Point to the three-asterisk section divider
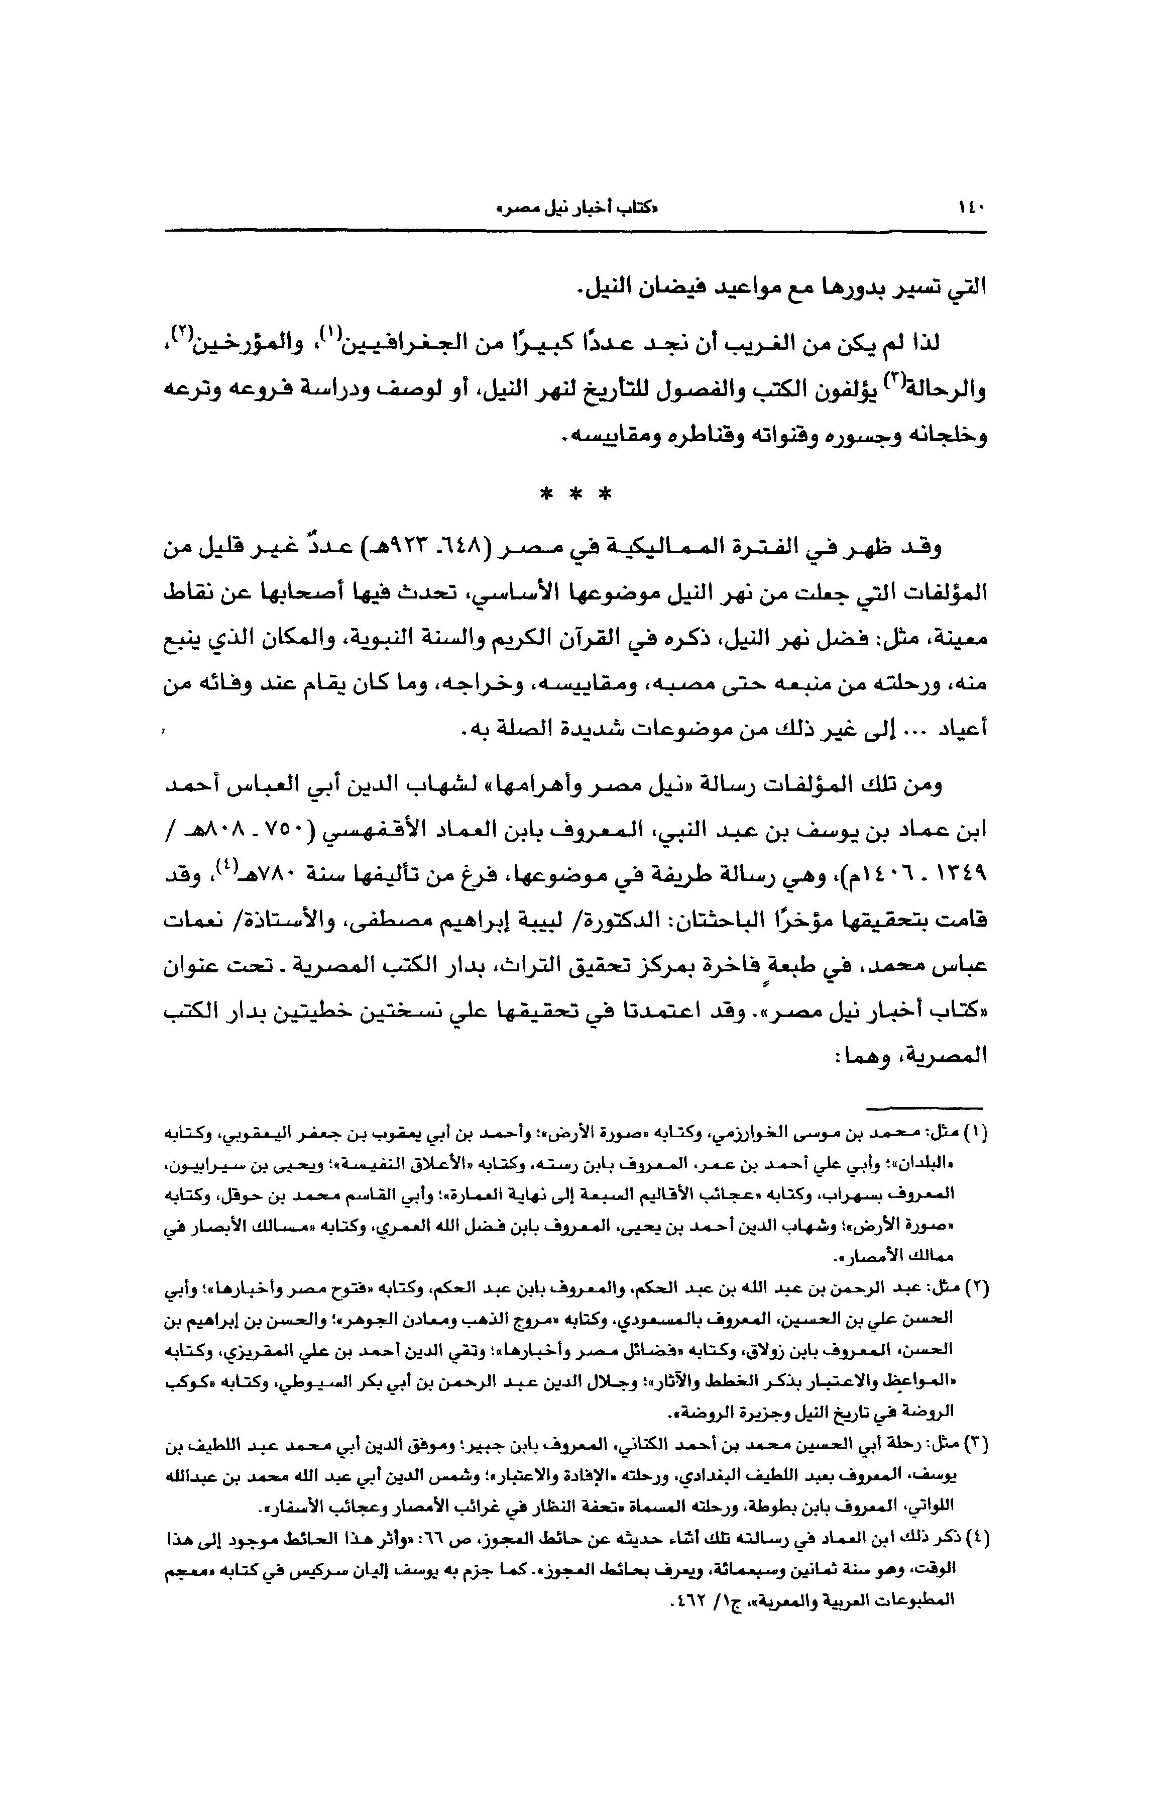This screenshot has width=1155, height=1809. coord(575,496)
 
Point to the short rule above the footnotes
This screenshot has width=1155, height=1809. coord(923,1108)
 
